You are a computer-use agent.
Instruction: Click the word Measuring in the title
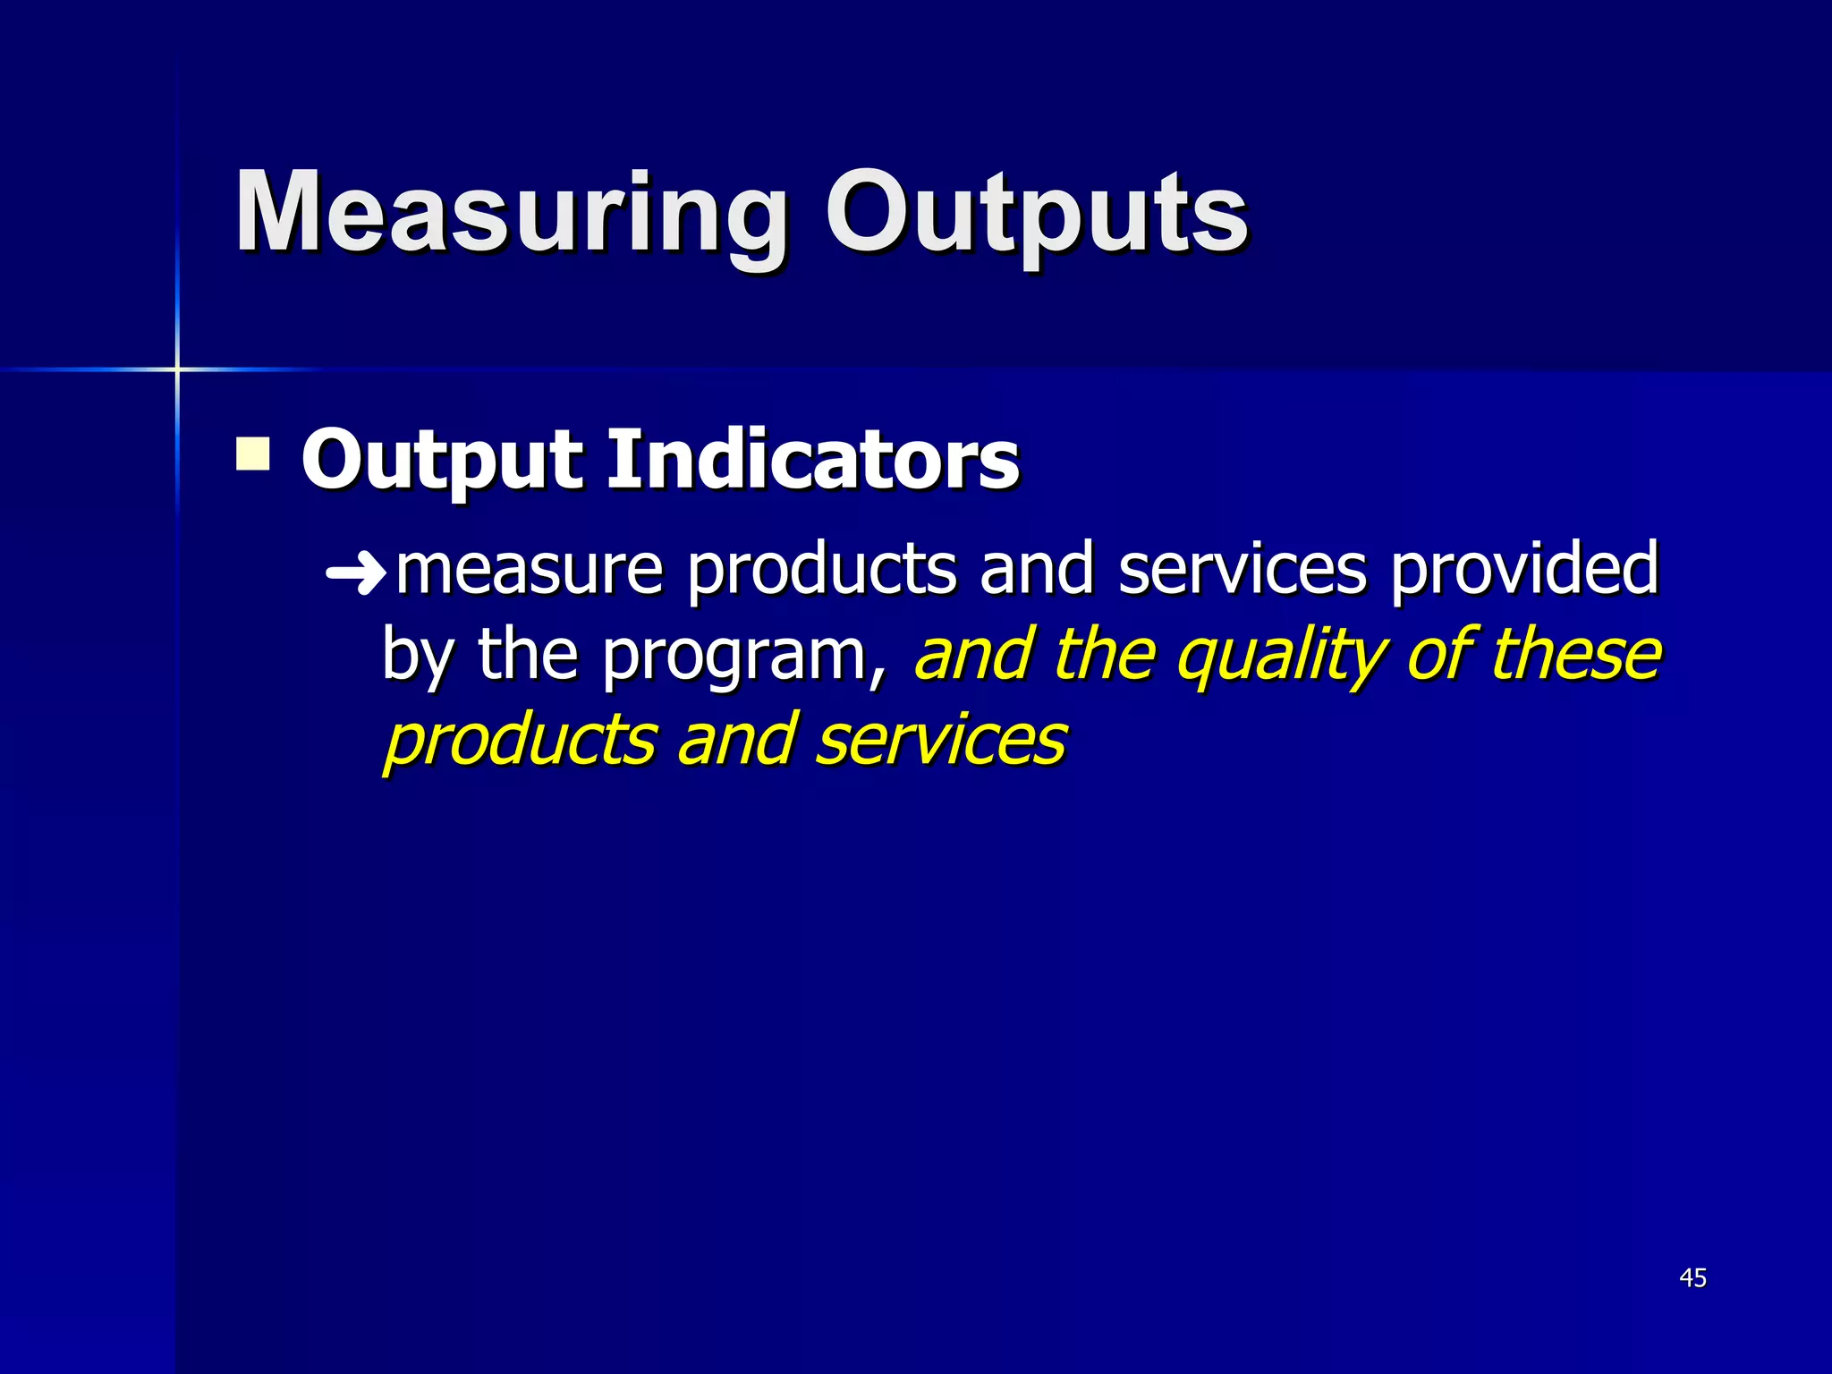510,215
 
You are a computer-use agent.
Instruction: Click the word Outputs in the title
1036,215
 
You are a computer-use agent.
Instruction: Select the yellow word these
1575,655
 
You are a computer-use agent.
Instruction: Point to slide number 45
1692,1278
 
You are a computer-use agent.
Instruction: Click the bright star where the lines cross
177,369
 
